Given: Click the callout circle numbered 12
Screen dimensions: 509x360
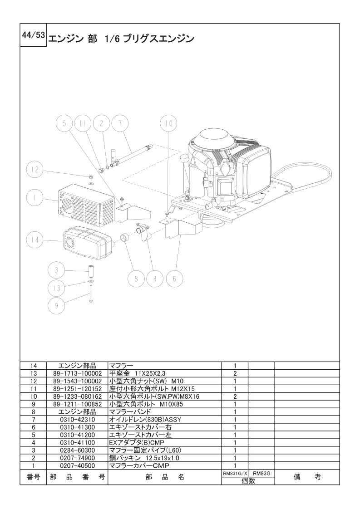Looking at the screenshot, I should (35, 171).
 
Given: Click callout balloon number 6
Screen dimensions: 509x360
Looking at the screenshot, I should (174, 279).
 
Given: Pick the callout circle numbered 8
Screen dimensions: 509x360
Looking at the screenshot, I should (136, 279).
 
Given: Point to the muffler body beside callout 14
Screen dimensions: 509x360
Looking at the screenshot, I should (88, 242).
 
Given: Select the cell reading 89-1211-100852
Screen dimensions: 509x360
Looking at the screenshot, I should (76, 404).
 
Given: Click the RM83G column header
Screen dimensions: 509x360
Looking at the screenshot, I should (262, 473).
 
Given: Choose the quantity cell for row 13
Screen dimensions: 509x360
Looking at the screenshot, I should (235, 373).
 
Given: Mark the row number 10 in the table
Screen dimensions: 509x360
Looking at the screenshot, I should (33, 396).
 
